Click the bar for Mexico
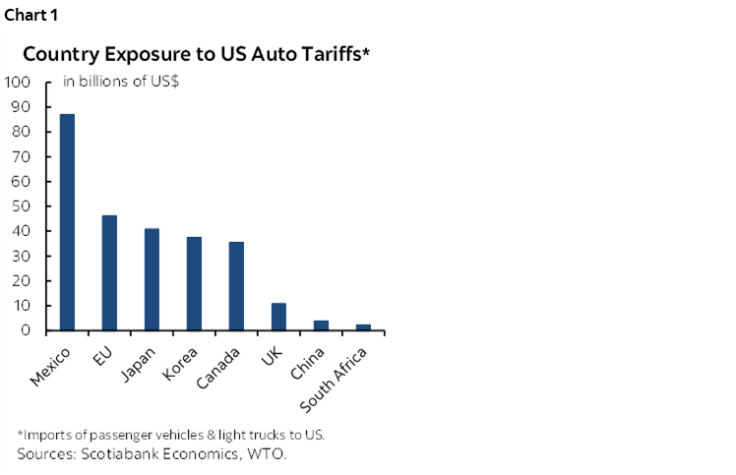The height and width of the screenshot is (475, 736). (x=67, y=222)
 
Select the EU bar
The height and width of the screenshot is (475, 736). (x=109, y=272)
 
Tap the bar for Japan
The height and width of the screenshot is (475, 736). (x=152, y=279)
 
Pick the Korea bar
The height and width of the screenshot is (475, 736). (x=194, y=283)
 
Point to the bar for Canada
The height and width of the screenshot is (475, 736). (x=236, y=286)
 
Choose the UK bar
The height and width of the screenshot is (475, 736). (x=278, y=317)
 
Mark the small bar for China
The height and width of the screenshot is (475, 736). (x=321, y=326)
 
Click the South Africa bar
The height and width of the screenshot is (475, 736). (x=363, y=327)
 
